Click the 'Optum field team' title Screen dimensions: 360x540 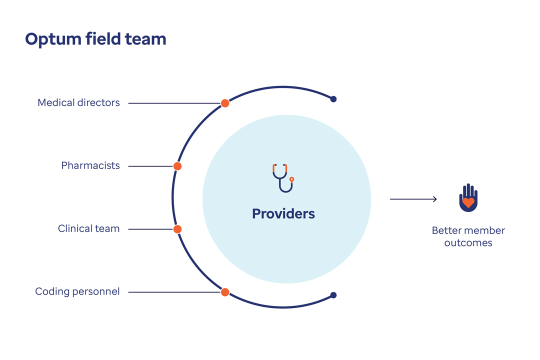click(x=95, y=39)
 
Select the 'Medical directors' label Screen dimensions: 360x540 click(x=78, y=103)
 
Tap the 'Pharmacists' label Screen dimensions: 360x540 click(x=90, y=165)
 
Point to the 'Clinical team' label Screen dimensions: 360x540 click(x=88, y=229)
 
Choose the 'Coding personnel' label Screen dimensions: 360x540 click(x=77, y=291)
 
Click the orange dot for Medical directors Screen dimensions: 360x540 click(x=225, y=103)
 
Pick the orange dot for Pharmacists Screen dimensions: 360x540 click(x=177, y=166)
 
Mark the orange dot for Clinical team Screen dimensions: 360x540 click(x=177, y=229)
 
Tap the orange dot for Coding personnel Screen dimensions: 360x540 click(x=225, y=292)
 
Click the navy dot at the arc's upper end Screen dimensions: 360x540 click(x=333, y=99)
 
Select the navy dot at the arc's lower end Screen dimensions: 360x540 click(x=333, y=295)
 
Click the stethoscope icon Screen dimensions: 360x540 click(x=283, y=177)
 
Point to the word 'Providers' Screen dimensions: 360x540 click(x=283, y=214)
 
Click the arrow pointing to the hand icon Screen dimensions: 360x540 click(x=413, y=199)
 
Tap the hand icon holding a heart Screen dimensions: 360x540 click(x=468, y=198)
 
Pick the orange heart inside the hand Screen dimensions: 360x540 click(x=468, y=202)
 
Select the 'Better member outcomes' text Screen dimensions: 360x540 click(x=468, y=237)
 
